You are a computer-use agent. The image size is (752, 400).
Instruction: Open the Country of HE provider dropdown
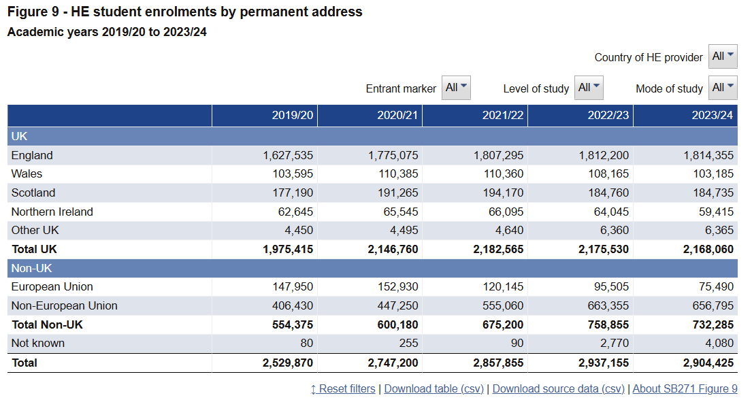pyautogui.click(x=723, y=56)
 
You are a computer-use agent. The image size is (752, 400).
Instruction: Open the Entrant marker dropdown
pyautogui.click(x=456, y=88)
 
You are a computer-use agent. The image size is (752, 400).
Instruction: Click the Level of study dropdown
pyautogui.click(x=589, y=88)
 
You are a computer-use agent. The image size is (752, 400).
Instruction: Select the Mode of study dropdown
pyautogui.click(x=723, y=88)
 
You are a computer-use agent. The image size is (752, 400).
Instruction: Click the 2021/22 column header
pyautogui.click(x=503, y=116)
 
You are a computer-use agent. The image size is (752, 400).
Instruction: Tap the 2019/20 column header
pyautogui.click(x=293, y=116)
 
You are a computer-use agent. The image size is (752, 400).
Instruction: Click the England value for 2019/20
pyautogui.click(x=288, y=155)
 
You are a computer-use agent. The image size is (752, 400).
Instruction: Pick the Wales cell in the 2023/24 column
pyautogui.click(x=713, y=173)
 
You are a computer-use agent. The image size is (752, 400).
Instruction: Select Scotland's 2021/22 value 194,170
pyautogui.click(x=504, y=193)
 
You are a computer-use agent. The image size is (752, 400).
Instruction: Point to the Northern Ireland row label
pyautogui.click(x=52, y=212)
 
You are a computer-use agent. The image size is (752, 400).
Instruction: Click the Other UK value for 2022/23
pyautogui.click(x=615, y=230)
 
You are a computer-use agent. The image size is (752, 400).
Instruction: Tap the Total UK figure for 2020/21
pyautogui.click(x=393, y=250)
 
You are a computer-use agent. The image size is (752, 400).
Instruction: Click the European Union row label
pyautogui.click(x=52, y=287)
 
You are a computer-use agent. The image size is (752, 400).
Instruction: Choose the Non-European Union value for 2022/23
pyautogui.click(x=608, y=305)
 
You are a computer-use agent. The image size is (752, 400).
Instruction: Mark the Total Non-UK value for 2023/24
pyautogui.click(x=713, y=324)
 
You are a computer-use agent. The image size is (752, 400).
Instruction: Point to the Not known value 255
pyautogui.click(x=408, y=344)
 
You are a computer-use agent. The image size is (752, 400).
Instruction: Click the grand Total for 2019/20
pyautogui.click(x=288, y=363)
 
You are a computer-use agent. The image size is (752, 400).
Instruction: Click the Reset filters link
pyautogui.click(x=343, y=389)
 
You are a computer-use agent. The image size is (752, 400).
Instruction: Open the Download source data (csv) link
pyautogui.click(x=559, y=389)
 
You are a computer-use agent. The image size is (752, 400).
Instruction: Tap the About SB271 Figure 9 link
pyautogui.click(x=685, y=389)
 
